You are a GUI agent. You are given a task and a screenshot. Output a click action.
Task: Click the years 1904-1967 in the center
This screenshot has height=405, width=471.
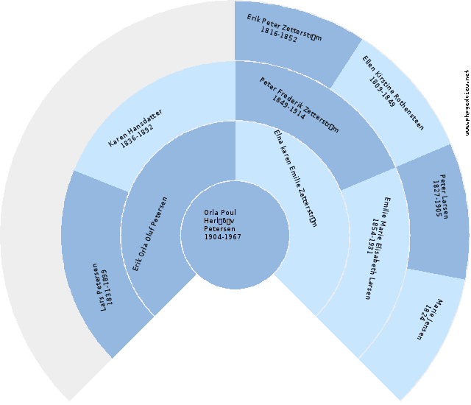pyautogui.click(x=222, y=237)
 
